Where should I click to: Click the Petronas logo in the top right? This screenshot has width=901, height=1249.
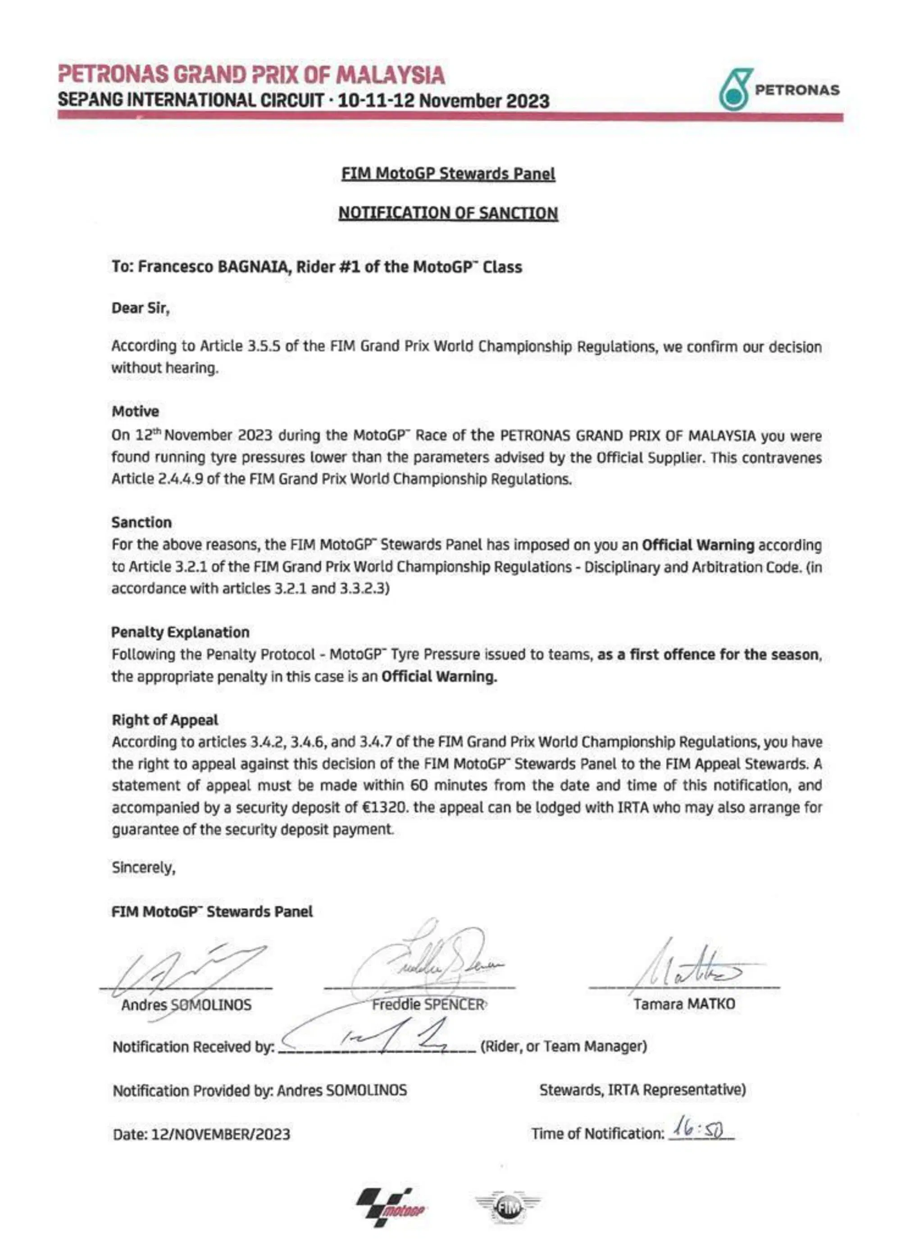(x=778, y=90)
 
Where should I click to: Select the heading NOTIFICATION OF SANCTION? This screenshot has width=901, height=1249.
(x=448, y=213)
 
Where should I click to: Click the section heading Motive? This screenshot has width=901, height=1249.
(x=135, y=411)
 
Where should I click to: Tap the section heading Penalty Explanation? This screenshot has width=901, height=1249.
(x=180, y=632)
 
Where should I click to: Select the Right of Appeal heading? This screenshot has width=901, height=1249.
(x=165, y=720)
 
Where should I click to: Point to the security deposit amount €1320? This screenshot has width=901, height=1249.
(x=386, y=808)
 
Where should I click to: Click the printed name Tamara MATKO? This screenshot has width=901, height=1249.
(x=684, y=1004)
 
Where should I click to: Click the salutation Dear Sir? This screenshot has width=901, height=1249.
(x=141, y=308)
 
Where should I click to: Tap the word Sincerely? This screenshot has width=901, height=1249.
(x=143, y=867)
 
